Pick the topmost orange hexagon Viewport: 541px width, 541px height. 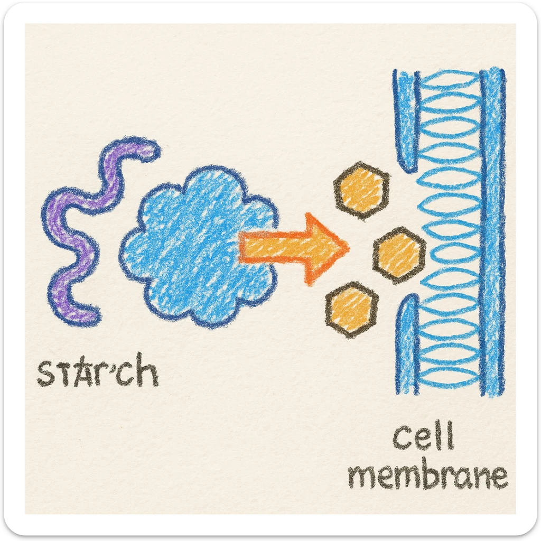(362, 189)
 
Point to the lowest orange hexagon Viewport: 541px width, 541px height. (351, 309)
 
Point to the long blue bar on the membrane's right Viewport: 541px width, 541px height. (492, 232)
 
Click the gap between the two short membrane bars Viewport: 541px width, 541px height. (407, 232)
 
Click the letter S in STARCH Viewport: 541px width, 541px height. (45, 374)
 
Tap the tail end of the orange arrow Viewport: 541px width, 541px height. (242, 247)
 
